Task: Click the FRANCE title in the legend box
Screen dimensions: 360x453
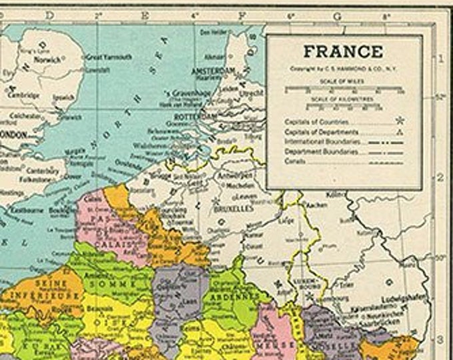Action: click(x=343, y=51)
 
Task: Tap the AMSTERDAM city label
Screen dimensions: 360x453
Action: click(x=213, y=70)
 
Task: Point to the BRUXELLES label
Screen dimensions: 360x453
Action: click(x=234, y=208)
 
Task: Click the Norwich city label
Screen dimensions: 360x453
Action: click(x=49, y=59)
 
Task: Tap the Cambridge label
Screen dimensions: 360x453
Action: click(x=24, y=95)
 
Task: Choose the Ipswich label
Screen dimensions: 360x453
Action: click(x=64, y=97)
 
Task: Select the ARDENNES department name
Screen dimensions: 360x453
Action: click(x=236, y=295)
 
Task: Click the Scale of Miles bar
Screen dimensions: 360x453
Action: click(x=344, y=88)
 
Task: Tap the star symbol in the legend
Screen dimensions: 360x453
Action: click(x=400, y=121)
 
